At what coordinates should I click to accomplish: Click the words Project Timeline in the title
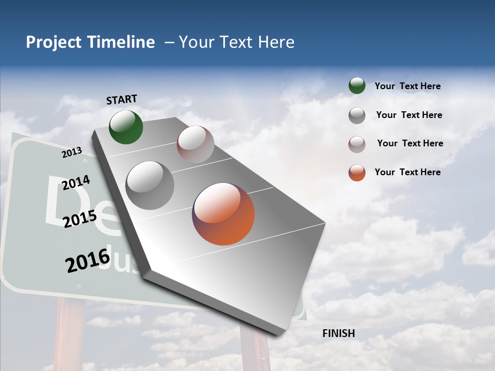tap(90, 42)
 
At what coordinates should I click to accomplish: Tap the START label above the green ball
tap(122, 99)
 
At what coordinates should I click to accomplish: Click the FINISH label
tap(339, 333)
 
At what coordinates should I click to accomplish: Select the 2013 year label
tap(72, 153)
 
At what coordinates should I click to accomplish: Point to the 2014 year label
tap(76, 182)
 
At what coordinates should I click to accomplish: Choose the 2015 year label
tap(80, 219)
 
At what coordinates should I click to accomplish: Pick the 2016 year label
tap(88, 260)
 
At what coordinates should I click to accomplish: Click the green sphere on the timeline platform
tap(126, 127)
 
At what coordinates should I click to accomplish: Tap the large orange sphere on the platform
tap(223, 214)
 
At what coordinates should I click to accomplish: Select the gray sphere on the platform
tap(150, 185)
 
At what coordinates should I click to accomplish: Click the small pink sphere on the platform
tap(195, 144)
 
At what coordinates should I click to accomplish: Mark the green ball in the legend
tap(357, 86)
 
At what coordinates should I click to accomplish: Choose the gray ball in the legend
tap(357, 115)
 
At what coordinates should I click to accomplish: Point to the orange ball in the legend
tap(357, 173)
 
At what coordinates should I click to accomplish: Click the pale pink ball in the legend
tap(357, 144)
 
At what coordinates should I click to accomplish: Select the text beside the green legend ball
tap(407, 86)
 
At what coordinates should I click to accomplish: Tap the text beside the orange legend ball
tap(407, 172)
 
